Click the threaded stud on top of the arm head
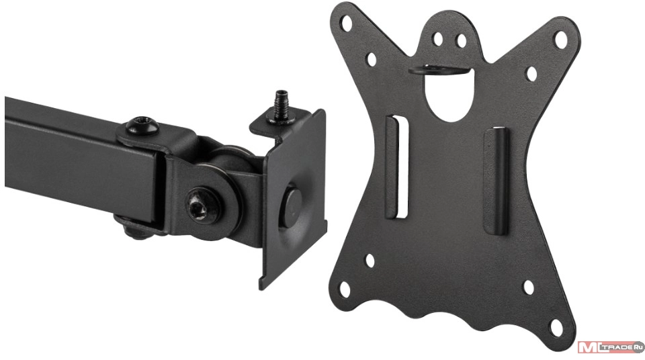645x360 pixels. [x=282, y=106]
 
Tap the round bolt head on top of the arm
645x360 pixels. [x=142, y=126]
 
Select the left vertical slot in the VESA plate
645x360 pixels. [x=397, y=167]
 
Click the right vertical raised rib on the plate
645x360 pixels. [x=496, y=182]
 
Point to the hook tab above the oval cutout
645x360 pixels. [x=440, y=69]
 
